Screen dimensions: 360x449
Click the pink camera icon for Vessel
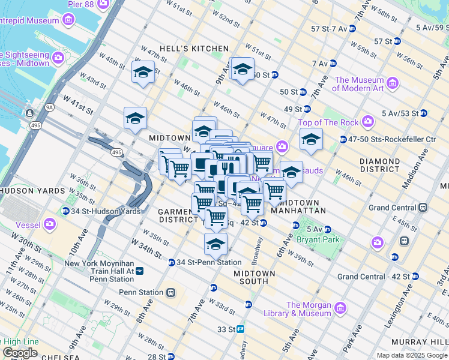[x=49, y=225]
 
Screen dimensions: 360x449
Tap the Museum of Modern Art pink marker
[x=393, y=82]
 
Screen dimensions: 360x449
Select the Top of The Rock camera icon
[x=367, y=122]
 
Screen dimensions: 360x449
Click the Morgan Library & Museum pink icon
[x=340, y=308]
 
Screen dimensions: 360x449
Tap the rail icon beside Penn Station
[x=170, y=293]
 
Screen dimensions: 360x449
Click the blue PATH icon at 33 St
[x=240, y=329]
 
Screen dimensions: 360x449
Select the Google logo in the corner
[x=20, y=353]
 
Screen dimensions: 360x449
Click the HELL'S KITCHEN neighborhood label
[x=193, y=49]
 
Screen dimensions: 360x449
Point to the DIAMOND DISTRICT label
[x=379, y=166]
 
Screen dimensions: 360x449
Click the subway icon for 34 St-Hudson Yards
[x=65, y=211]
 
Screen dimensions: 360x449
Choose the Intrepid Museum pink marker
[x=68, y=21]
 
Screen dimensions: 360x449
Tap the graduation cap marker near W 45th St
[x=143, y=73]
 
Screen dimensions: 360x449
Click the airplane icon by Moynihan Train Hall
[x=140, y=271]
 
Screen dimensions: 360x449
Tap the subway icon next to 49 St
[x=307, y=109]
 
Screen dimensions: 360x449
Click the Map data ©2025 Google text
[x=412, y=355]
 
